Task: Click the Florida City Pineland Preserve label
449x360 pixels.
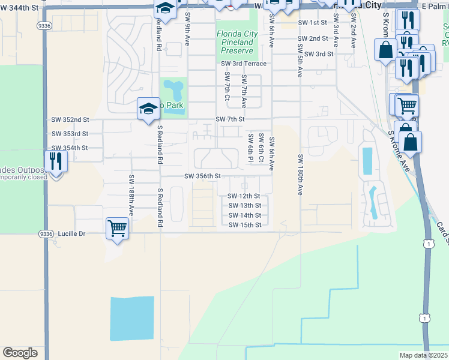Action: (237, 43)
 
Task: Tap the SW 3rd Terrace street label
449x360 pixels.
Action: (243, 64)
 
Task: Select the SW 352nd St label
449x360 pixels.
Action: (70, 119)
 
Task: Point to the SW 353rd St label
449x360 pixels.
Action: (70, 134)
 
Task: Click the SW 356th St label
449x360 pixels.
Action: (203, 176)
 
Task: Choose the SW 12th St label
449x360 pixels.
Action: (244, 196)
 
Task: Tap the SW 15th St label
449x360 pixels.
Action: (245, 225)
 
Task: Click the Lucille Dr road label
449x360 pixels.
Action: (74, 233)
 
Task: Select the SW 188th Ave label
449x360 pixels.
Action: (130, 196)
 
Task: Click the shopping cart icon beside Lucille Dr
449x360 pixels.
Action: (116, 227)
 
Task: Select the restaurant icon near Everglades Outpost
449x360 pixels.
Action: (55, 161)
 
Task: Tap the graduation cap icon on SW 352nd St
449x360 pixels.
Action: (148, 108)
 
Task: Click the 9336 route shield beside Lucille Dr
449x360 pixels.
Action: (45, 233)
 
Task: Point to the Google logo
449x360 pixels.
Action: (20, 353)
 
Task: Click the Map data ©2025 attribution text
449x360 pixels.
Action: (424, 355)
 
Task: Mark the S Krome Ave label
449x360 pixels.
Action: (399, 151)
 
